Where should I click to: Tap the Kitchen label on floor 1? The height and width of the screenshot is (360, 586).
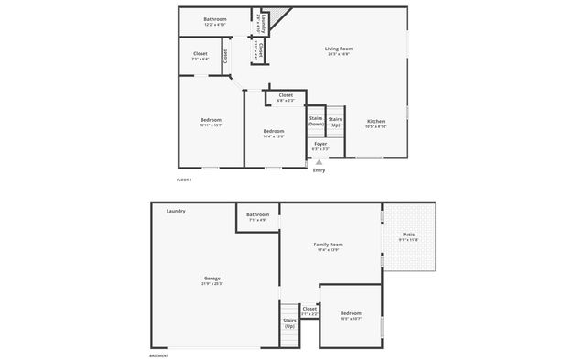[376, 123]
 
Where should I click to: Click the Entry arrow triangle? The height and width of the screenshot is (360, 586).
[319, 162]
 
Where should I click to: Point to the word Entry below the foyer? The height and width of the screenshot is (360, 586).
[319, 170]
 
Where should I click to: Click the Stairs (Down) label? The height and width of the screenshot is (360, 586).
[316, 121]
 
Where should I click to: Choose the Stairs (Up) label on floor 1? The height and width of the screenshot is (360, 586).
[335, 121]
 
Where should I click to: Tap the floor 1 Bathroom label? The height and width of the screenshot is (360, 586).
[215, 20]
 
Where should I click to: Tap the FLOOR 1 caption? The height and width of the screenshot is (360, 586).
[184, 180]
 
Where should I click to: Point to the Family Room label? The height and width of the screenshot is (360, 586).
[328, 246]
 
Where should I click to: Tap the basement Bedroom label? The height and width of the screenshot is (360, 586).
[351, 314]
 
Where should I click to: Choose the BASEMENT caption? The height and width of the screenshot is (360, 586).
[158, 355]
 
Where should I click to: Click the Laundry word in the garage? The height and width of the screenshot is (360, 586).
[176, 211]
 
